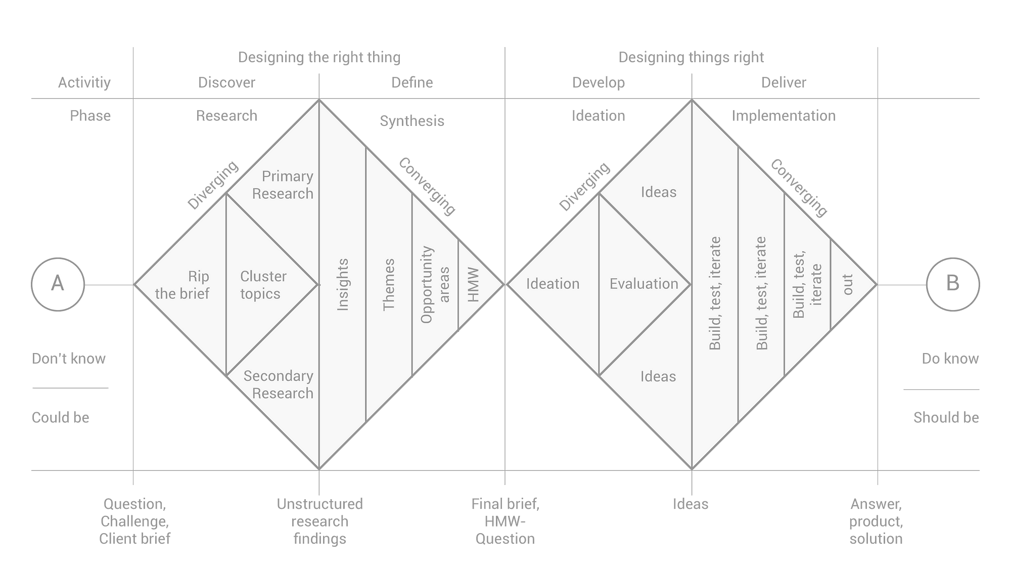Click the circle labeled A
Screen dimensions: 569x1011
click(x=58, y=284)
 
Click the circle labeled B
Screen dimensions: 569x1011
click(x=952, y=284)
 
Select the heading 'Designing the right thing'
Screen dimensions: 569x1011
click(x=319, y=57)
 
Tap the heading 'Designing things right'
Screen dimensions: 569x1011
click(x=691, y=57)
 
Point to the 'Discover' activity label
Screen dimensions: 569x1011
click(x=226, y=82)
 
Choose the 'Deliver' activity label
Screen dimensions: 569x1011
click(x=784, y=82)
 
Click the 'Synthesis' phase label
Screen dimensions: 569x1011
click(x=412, y=121)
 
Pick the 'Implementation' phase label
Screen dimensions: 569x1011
click(x=784, y=116)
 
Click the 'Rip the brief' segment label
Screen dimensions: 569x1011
click(x=183, y=285)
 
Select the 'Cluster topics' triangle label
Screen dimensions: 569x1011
click(x=263, y=285)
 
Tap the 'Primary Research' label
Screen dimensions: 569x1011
click(x=283, y=185)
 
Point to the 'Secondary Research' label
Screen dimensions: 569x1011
click(x=279, y=384)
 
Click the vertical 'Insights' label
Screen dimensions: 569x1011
click(x=343, y=284)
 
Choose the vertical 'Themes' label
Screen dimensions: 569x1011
click(x=389, y=284)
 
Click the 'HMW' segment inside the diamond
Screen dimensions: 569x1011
click(x=473, y=284)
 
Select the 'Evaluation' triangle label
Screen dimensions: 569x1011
click(x=644, y=284)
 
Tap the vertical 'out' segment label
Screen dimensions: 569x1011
click(x=848, y=284)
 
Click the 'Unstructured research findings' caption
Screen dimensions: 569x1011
click(x=319, y=521)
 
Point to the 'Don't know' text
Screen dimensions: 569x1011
click(x=69, y=359)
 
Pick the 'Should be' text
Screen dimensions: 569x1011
click(x=946, y=417)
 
